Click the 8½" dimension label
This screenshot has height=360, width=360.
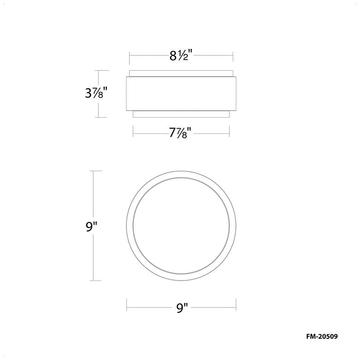(180, 56)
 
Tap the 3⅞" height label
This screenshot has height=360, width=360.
(96, 94)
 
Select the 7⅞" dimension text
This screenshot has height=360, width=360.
(180, 135)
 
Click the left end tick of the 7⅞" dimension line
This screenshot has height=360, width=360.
(133, 134)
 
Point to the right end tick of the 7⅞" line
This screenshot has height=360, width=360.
(229, 134)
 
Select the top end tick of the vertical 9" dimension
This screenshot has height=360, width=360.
(95, 171)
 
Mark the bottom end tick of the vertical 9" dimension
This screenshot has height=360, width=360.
(95, 281)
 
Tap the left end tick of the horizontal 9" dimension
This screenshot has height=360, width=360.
(126, 305)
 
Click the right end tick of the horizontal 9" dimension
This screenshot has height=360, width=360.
(236, 305)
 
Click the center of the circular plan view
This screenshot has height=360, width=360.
(181, 226)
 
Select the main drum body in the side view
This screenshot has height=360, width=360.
(181, 94)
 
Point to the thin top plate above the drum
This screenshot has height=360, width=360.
(181, 73)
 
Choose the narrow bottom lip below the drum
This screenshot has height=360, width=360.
(181, 114)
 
